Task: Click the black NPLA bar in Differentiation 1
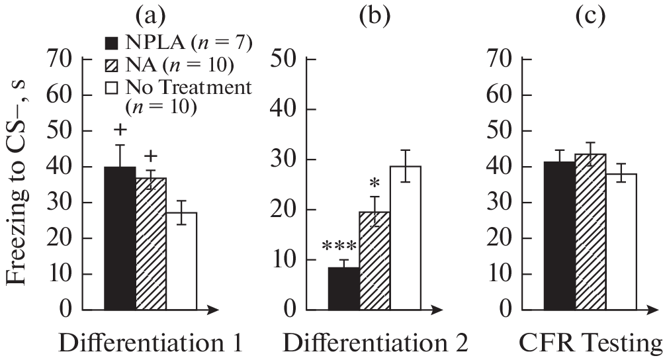click(120, 238)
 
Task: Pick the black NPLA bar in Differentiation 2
click(344, 288)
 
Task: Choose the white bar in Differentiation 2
click(405, 238)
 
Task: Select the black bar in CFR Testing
click(559, 236)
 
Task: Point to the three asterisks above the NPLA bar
click(340, 247)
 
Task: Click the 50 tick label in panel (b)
click(285, 59)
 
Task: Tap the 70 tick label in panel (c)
click(499, 59)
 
